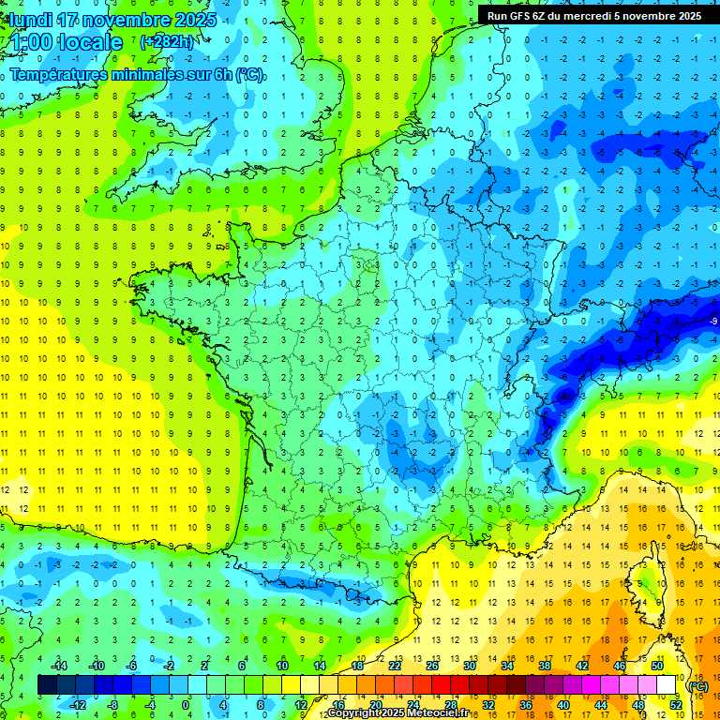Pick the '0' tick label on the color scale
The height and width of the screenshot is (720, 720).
[x=186, y=705]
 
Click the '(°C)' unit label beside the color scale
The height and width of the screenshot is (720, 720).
[x=697, y=685]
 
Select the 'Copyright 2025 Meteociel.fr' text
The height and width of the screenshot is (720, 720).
[x=398, y=713]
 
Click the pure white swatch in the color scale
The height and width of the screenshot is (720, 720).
[x=667, y=685]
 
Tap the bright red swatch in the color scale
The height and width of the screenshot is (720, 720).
[x=442, y=685]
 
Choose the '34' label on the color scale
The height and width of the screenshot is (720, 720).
[x=506, y=666]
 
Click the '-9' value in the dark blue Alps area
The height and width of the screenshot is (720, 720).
[x=713, y=322]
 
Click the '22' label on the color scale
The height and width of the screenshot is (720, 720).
[x=395, y=666]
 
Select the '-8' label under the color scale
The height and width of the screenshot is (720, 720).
[x=112, y=705]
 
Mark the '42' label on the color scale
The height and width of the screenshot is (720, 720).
[x=582, y=666]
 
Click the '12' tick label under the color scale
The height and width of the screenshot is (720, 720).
[x=301, y=705]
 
